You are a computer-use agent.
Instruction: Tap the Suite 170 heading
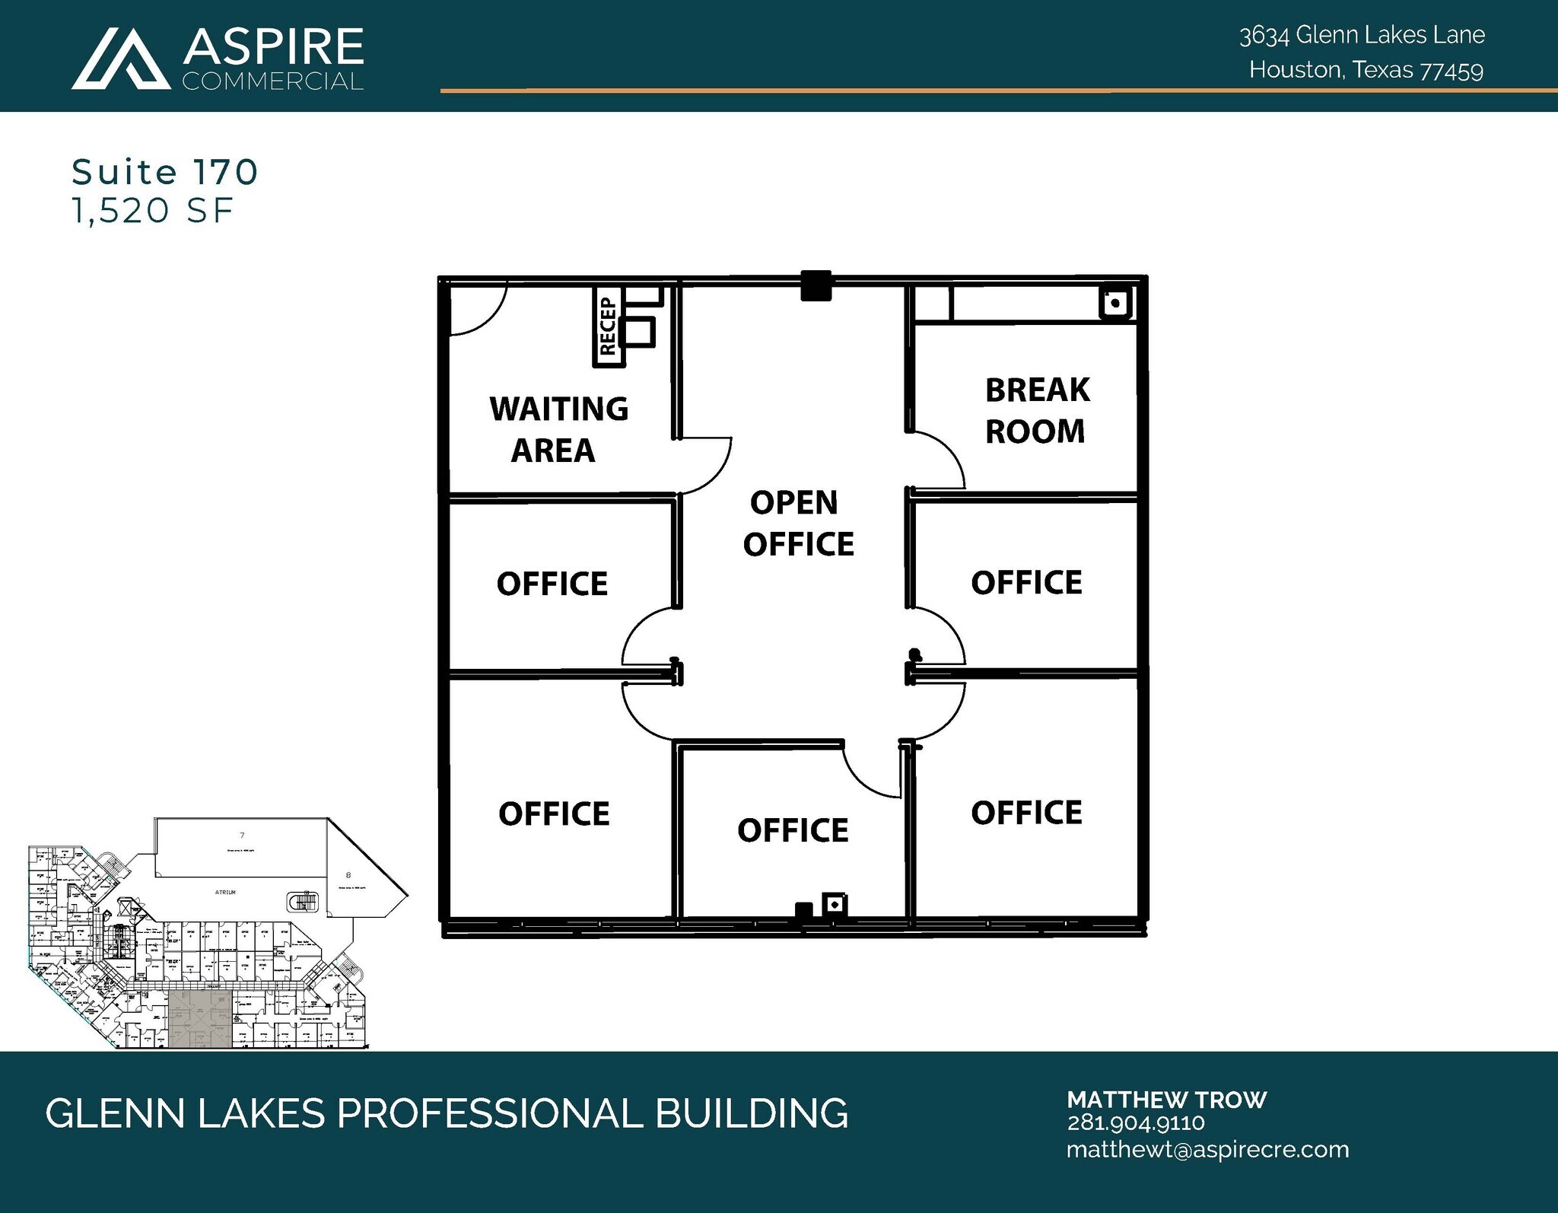pos(164,172)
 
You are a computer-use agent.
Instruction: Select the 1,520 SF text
pos(151,210)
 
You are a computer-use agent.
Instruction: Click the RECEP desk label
pos(607,327)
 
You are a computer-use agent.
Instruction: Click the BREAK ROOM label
pos(1036,411)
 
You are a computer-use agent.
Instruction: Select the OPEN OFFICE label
pos(797,524)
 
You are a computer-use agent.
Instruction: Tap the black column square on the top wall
pos(816,286)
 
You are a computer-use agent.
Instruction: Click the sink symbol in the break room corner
pos(1115,304)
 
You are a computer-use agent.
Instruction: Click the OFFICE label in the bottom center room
pos(792,830)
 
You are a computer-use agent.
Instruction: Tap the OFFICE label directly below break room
pos(1025,583)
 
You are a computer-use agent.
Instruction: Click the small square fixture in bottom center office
pos(835,905)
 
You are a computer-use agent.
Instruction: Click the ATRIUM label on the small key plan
pos(225,892)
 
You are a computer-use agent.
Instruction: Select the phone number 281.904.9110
pos(1135,1123)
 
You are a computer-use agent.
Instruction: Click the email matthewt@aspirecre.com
pos(1207,1150)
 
